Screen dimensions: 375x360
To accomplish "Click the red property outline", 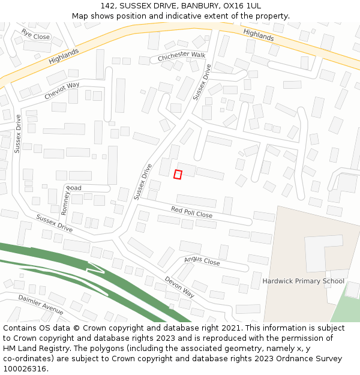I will pyautogui.click(x=178, y=174).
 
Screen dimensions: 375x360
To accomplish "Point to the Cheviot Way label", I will pyautogui.click(x=62, y=91).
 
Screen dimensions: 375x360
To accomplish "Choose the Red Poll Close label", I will pyautogui.click(x=191, y=212).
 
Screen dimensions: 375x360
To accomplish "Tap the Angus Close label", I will pyautogui.click(x=202, y=260).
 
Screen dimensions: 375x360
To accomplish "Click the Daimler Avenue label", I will pyautogui.click(x=41, y=304).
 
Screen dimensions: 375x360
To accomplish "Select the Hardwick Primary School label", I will pyautogui.click(x=303, y=281).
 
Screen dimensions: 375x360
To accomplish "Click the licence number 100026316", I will pyautogui.click(x=26, y=369).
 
